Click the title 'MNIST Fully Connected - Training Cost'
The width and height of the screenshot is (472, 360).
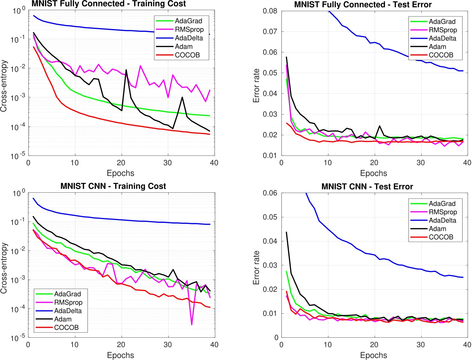tap(108, 4)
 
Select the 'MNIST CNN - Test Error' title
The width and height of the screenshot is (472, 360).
tap(367, 187)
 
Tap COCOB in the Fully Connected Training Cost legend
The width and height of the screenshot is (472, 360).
tap(187, 55)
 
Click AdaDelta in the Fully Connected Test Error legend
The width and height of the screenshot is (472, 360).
tap(442, 38)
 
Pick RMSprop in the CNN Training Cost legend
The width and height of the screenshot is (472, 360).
tap(68, 302)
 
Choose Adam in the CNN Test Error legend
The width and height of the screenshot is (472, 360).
tap(437, 229)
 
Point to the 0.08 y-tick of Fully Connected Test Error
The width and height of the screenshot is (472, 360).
tap(270, 11)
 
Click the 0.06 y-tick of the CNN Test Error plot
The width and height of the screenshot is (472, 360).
tap(270, 193)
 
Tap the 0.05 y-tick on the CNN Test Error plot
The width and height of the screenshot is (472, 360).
tap(270, 217)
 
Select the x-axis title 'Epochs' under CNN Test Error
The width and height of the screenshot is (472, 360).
tap(373, 355)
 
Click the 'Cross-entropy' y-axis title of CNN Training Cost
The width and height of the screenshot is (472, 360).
tap(4, 268)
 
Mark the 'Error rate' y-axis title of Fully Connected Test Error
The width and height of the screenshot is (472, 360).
tap(256, 86)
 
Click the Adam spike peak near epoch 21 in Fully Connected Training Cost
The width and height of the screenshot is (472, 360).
tap(126, 70)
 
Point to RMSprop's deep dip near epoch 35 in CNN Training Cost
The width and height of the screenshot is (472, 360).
tap(192, 325)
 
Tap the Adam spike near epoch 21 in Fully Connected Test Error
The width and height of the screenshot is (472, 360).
tap(379, 126)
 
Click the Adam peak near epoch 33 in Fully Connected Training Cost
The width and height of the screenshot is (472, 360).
tap(182, 97)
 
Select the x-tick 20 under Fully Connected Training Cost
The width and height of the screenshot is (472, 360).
tap(121, 163)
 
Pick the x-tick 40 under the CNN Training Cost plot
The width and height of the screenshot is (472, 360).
tap(214, 345)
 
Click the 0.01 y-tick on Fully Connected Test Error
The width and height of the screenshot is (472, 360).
tap(270, 155)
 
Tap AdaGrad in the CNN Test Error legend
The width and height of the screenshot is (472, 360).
tap(442, 203)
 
